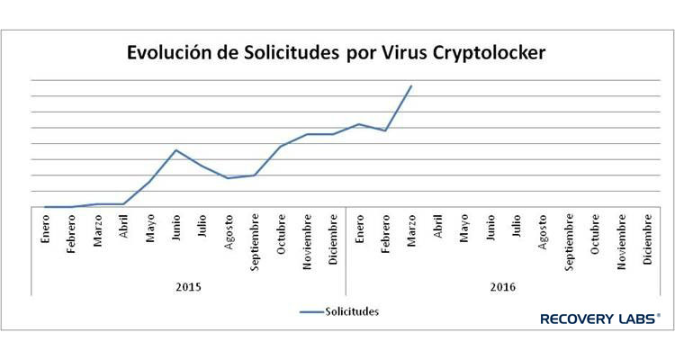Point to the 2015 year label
click(x=188, y=287)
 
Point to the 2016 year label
click(x=503, y=287)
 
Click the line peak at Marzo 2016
click(x=411, y=86)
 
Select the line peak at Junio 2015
click(x=175, y=150)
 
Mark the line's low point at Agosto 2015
click(x=228, y=178)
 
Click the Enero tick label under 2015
click(x=45, y=231)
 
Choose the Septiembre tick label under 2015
click(x=255, y=241)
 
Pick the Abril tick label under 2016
click(x=437, y=226)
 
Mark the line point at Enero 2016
click(x=359, y=124)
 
